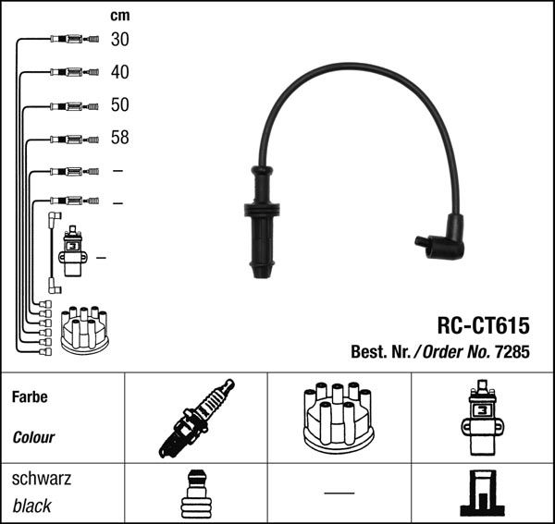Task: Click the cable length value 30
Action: [120, 40]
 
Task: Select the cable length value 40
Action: [120, 72]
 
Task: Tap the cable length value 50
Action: [120, 105]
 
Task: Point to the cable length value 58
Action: [120, 139]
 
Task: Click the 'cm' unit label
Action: [119, 16]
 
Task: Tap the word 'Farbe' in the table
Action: [31, 397]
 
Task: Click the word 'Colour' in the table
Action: [33, 437]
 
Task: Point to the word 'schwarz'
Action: [42, 479]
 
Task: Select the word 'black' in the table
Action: [32, 506]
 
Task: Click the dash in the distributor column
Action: [339, 492]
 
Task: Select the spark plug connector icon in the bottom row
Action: [195, 494]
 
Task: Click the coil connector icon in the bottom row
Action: [481, 494]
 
